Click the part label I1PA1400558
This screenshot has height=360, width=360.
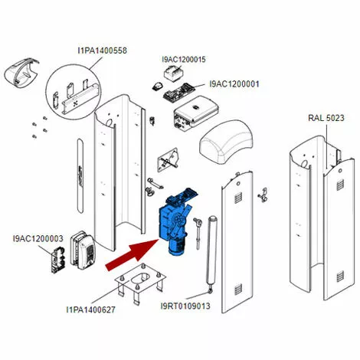(x=102, y=51)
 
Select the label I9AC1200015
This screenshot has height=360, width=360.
(x=184, y=60)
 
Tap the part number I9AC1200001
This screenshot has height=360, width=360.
(x=234, y=84)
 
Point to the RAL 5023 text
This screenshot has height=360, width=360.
(x=326, y=118)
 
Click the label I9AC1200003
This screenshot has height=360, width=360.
(x=38, y=238)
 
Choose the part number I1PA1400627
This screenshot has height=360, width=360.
(x=90, y=309)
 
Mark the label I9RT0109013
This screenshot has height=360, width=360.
(x=185, y=306)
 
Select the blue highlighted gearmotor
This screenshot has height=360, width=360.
(x=178, y=221)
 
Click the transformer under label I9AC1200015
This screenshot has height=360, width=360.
(x=174, y=72)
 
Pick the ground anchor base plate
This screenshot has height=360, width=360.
(x=139, y=283)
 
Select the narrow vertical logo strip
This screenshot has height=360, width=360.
(x=80, y=175)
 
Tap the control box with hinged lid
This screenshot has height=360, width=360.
(x=195, y=113)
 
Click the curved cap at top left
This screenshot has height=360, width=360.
(x=21, y=74)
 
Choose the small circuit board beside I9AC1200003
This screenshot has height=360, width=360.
(x=57, y=259)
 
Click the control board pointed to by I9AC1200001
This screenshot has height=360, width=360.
(x=178, y=92)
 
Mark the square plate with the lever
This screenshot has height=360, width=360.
(x=168, y=160)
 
